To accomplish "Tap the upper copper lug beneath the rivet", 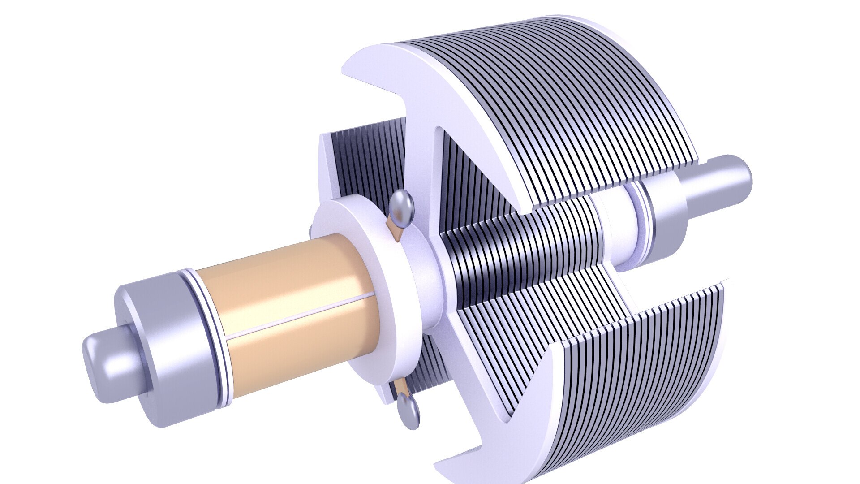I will pyautogui.click(x=396, y=229).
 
